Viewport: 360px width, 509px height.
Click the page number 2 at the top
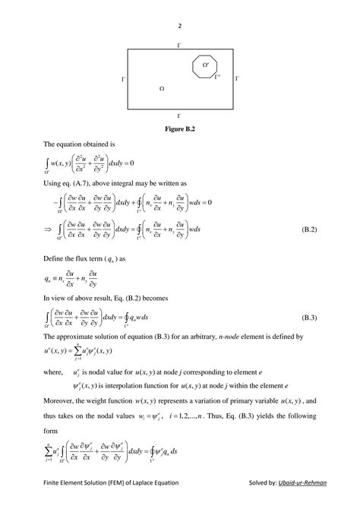tap(180, 25)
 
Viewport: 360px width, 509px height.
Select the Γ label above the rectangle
tap(179, 46)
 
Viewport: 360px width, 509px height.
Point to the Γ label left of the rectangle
tap(123, 79)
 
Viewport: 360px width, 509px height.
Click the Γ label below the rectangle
tap(179, 115)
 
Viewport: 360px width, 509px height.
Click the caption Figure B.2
tap(179, 128)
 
